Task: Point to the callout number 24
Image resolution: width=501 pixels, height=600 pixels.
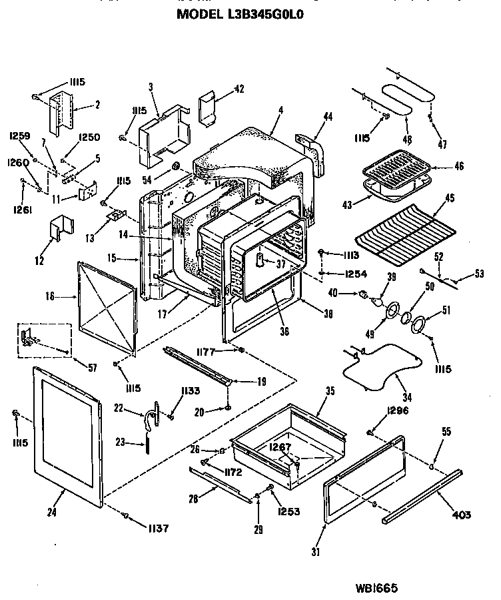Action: click(51, 513)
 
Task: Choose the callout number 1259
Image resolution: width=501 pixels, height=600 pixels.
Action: click(20, 135)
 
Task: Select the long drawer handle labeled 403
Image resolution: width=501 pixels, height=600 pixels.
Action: click(421, 495)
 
